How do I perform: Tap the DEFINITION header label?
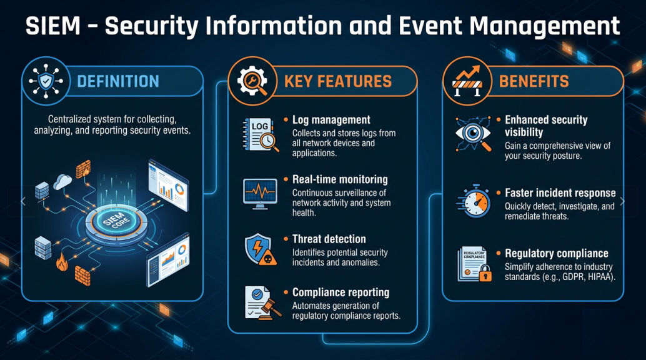(118, 81)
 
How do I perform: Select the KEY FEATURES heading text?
(338, 81)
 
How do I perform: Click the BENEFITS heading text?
(534, 81)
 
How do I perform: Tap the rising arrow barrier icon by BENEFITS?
(466, 81)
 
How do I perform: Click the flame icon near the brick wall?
(61, 264)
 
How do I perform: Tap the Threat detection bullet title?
(329, 239)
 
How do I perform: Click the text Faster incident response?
(560, 193)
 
